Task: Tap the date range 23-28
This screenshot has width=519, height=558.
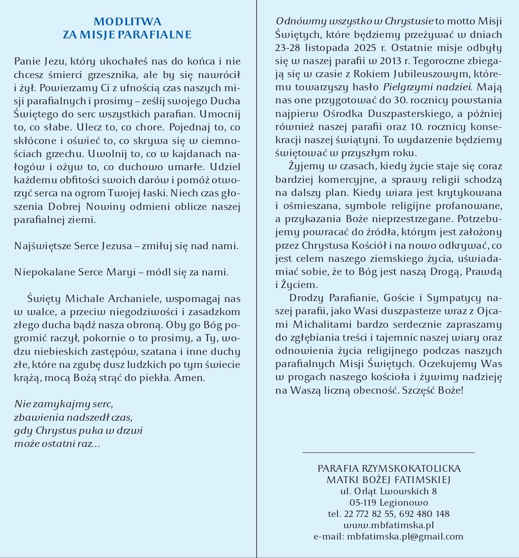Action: [290, 48]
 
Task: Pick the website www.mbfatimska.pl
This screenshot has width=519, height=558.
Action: [388, 525]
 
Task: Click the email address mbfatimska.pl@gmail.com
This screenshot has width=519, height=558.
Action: [405, 536]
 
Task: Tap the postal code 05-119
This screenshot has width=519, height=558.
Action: [363, 502]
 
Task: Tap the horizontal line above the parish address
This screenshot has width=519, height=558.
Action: [388, 452]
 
